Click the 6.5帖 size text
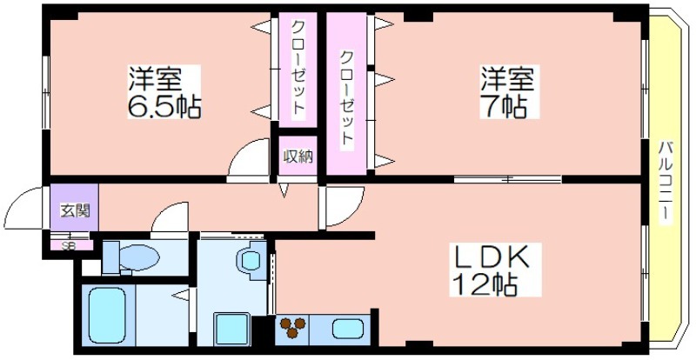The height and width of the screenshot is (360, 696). coord(164,108)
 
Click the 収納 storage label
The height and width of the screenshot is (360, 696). coord(298,157)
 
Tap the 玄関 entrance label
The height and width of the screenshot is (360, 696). coord(70,210)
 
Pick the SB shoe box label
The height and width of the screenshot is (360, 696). coord(67,244)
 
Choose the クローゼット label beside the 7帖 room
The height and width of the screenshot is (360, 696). coord(346,97)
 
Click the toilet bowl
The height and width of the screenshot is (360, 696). coord(139,257)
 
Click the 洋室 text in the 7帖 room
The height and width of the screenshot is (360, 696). coord(505,81)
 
